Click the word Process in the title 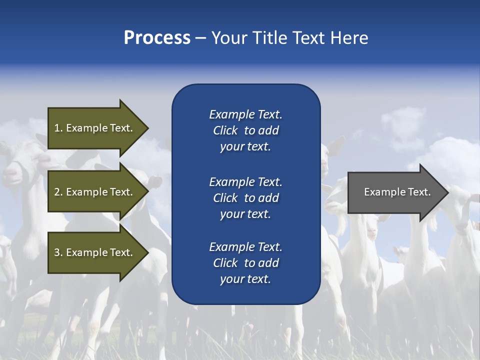[157, 38]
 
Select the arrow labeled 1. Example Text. [93, 128]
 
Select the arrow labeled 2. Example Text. [93, 192]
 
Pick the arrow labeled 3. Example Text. [93, 252]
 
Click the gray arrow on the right [397, 192]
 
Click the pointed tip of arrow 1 [147, 128]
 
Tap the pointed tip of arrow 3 [147, 252]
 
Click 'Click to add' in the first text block [245, 130]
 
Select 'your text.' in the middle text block [245, 214]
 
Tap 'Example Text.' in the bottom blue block [245, 247]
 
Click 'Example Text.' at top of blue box [245, 114]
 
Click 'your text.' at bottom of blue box [245, 279]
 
